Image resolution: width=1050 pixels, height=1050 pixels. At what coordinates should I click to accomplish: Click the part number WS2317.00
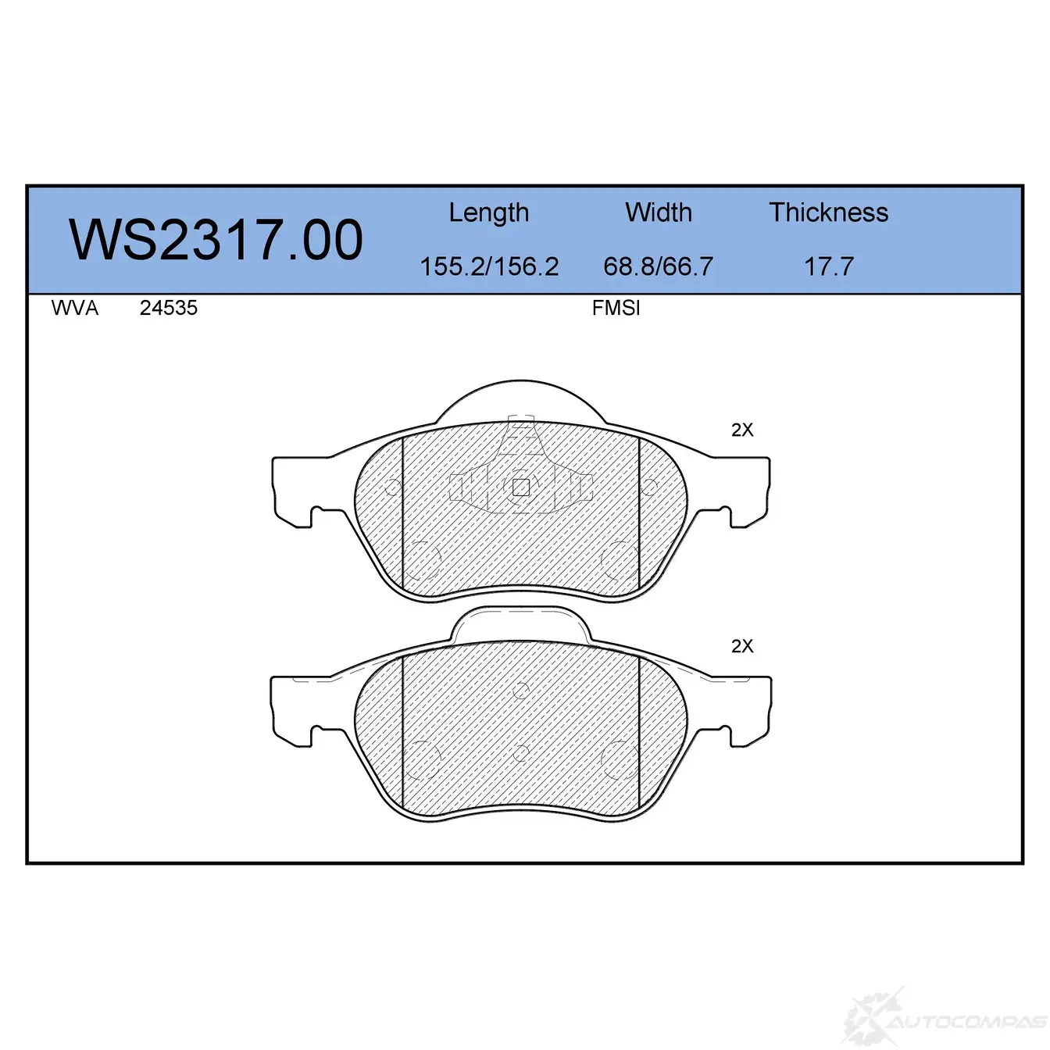click(x=216, y=239)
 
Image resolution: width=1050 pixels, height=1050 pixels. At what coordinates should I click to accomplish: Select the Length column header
click(x=489, y=212)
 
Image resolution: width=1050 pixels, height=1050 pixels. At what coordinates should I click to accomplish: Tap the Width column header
click(x=659, y=212)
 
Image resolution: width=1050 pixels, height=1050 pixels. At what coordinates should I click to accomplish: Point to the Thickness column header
click(x=828, y=212)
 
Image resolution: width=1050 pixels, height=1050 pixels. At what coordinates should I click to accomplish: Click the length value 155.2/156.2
click(x=489, y=266)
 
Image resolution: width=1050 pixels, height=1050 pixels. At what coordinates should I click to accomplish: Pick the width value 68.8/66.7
click(x=659, y=266)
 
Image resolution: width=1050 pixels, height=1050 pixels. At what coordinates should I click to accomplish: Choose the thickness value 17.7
click(x=829, y=266)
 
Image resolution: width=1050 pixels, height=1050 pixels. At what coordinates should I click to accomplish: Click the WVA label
click(x=75, y=308)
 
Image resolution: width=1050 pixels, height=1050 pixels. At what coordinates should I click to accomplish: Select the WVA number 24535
click(x=169, y=308)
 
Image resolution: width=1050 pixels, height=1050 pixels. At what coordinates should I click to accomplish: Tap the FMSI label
click(x=616, y=309)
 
